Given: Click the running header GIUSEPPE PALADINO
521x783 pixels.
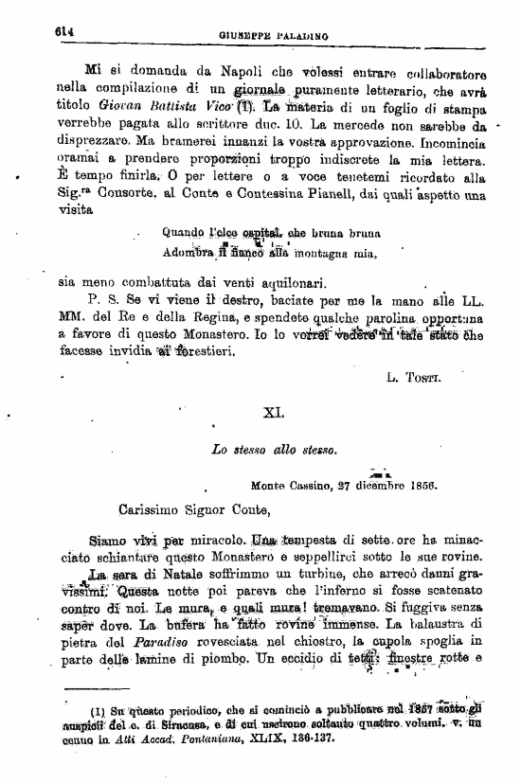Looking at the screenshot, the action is pos(275,35).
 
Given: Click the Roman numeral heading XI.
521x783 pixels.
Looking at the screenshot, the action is pos(273,412).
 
